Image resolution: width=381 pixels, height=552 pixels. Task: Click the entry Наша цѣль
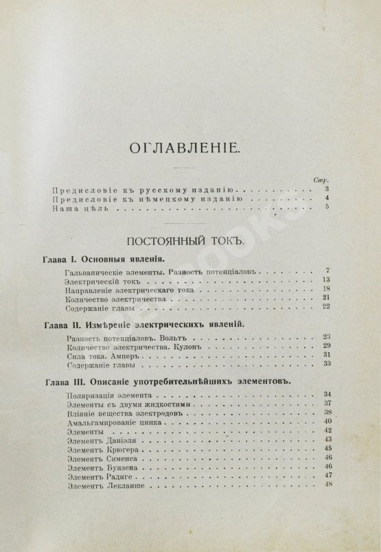pos(80,208)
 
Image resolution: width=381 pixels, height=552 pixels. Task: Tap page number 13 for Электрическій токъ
pos(327,280)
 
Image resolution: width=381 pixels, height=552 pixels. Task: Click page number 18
pos(327,290)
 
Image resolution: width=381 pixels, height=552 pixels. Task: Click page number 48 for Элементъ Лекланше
pos(327,485)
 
